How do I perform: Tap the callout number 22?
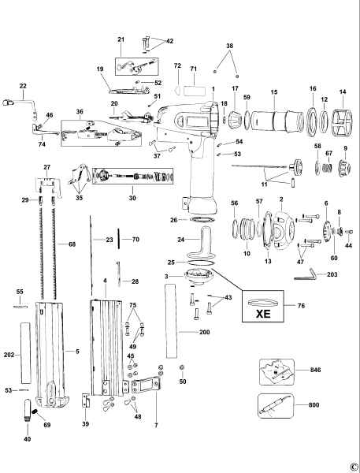coord(23,85)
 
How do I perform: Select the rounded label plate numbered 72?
coord(188,83)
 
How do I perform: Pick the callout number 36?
coord(79,111)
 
